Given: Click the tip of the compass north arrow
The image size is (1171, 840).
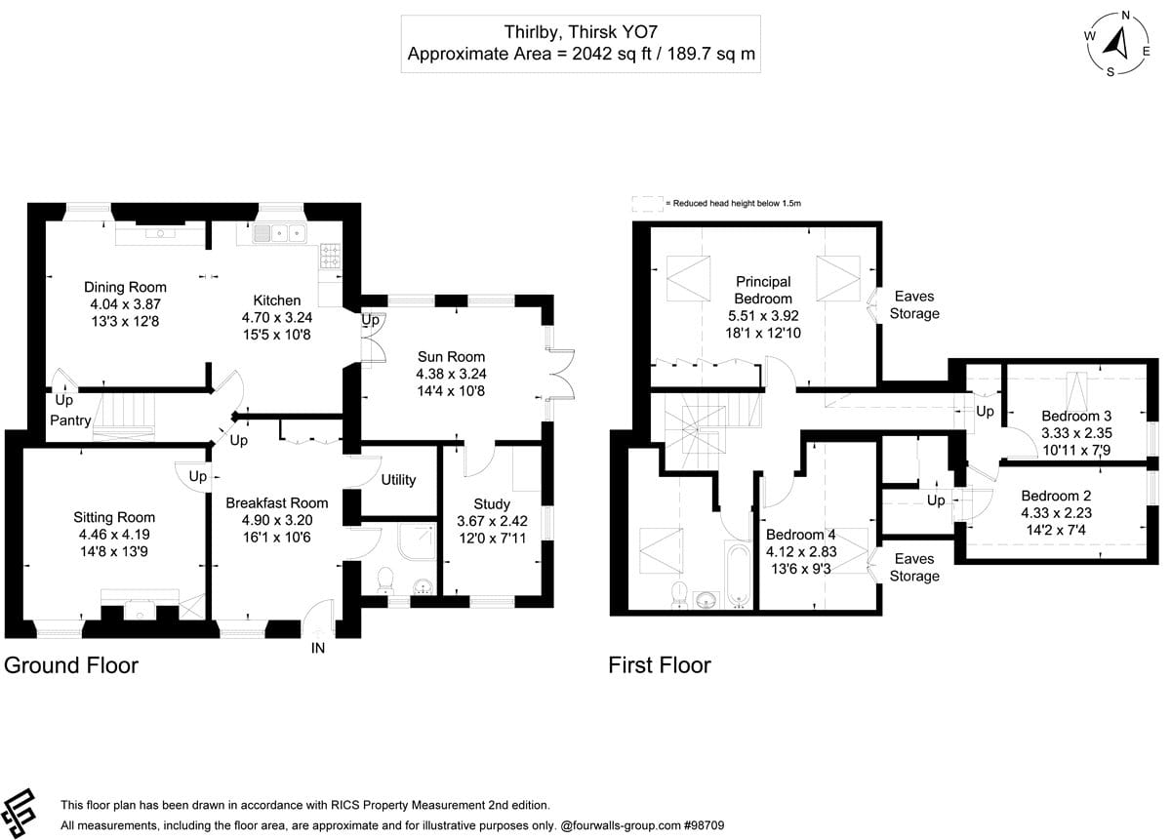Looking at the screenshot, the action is [1121, 28].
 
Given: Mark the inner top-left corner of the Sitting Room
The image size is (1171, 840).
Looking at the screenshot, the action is [23, 449].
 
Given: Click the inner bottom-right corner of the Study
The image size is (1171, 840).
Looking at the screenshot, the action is [541, 594].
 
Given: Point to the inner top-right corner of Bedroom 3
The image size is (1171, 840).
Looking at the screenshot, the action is [1147, 365].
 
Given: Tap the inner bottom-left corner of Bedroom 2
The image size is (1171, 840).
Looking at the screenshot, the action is [967, 558].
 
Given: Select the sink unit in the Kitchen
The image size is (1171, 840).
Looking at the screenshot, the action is [279, 233].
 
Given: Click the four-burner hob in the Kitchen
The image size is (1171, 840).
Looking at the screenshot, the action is [331, 257].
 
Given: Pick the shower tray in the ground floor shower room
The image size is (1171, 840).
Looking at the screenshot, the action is [417, 542].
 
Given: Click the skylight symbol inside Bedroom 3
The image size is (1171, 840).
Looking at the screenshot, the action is [1076, 389].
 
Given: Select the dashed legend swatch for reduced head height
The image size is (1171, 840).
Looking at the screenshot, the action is [648, 204].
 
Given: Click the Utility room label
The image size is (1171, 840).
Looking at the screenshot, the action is [398, 480].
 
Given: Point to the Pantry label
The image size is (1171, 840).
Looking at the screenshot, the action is [70, 420].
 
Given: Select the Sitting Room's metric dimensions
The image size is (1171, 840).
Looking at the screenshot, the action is [114, 535].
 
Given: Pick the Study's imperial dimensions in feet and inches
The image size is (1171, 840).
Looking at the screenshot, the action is [493, 538].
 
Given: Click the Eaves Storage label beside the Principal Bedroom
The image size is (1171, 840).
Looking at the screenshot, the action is [914, 304].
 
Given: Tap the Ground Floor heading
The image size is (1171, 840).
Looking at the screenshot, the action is [71, 665].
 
